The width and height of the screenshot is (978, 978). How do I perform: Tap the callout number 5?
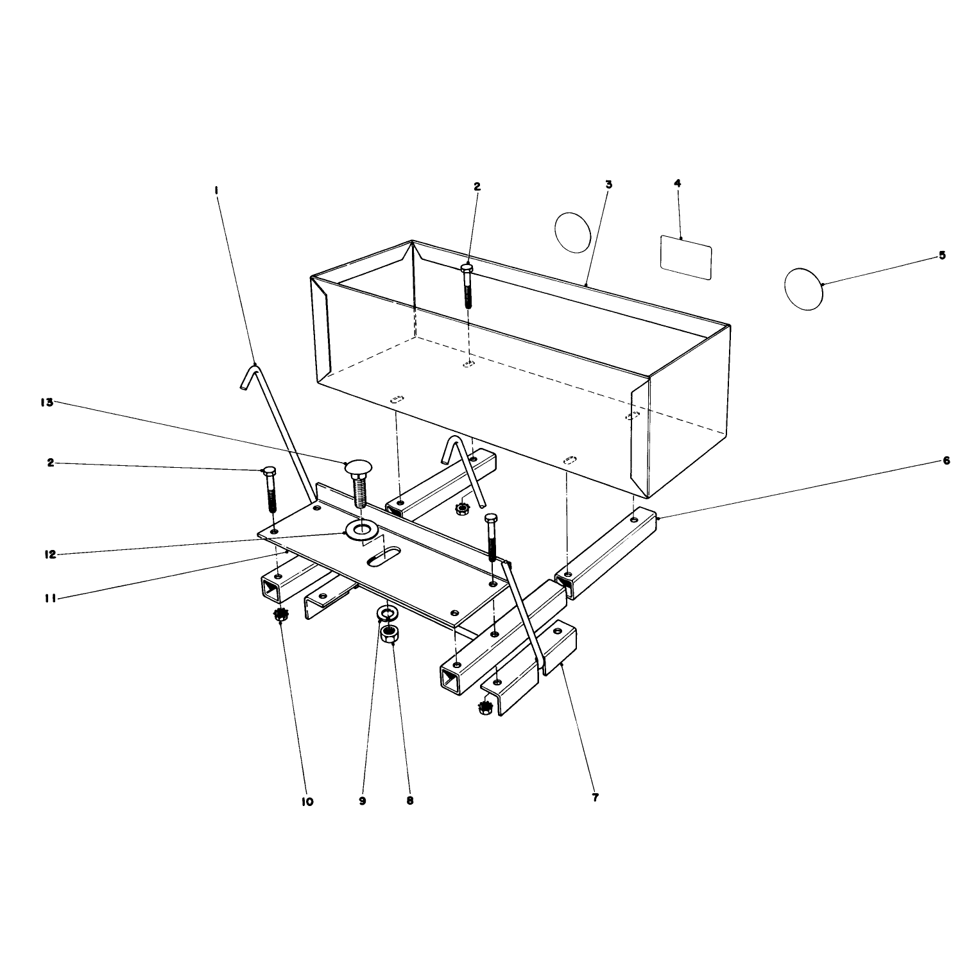pyautogui.click(x=942, y=255)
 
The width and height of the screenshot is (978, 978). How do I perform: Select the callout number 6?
pyautogui.click(x=946, y=461)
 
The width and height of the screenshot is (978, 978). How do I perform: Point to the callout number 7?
pyautogui.click(x=595, y=798)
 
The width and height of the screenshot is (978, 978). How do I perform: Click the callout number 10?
pyautogui.click(x=307, y=802)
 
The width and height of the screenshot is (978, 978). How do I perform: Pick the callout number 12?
pyautogui.click(x=50, y=554)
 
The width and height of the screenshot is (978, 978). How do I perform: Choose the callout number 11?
pyautogui.click(x=50, y=599)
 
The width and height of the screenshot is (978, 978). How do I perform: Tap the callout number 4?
pyautogui.click(x=677, y=183)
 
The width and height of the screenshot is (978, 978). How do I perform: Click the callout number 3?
pyautogui.click(x=608, y=184)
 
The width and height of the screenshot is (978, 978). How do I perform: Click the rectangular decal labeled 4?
pyautogui.click(x=686, y=257)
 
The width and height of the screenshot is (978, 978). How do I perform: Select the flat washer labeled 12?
pyautogui.click(x=361, y=531)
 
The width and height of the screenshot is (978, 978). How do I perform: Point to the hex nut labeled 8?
pyautogui.click(x=390, y=635)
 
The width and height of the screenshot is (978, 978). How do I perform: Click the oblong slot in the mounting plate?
pyautogui.click(x=383, y=556)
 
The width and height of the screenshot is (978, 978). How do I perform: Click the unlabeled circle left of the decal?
pyautogui.click(x=572, y=232)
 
